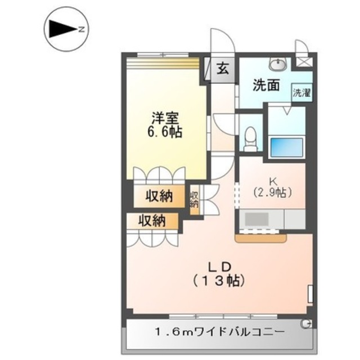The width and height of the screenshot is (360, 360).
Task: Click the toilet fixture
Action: click(251, 138)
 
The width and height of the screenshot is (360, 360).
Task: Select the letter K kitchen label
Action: click(272, 181)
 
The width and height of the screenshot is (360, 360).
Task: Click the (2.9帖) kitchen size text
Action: click(272, 192)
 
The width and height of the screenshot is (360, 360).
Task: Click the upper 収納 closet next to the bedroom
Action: click(160, 197)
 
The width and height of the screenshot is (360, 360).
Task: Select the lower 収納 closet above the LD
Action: click(152, 221)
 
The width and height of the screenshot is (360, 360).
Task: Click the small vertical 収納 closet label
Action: click(194, 199)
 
